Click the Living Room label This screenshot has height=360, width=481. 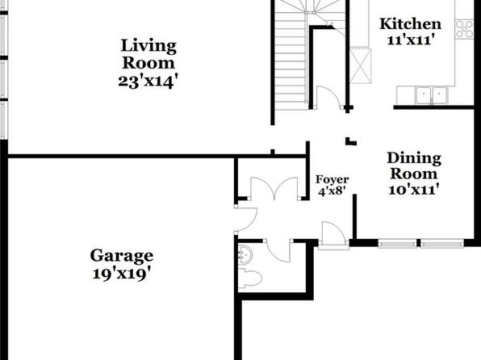[148, 54]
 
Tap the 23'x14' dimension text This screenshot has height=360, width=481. [148, 82]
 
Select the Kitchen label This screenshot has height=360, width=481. [411, 24]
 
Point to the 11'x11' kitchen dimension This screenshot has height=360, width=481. [411, 40]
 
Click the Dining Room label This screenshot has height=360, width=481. [414, 165]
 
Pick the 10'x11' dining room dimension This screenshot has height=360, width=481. [412, 190]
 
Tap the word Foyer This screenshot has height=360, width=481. [333, 180]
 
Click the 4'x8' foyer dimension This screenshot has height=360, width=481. [333, 192]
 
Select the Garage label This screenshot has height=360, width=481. [122, 256]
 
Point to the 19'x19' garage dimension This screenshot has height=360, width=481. [123, 274]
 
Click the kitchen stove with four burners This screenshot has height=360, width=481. [464, 29]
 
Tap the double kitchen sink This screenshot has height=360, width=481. [432, 94]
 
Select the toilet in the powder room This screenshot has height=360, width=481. [249, 278]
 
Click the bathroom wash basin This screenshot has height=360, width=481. [245, 254]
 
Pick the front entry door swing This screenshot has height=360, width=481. [333, 233]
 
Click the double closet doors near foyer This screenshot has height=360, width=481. [274, 188]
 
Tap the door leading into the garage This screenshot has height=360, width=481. [245, 219]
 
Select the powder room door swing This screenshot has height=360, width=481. [278, 250]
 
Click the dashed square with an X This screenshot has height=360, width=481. [361, 65]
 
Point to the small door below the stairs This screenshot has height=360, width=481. [328, 97]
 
